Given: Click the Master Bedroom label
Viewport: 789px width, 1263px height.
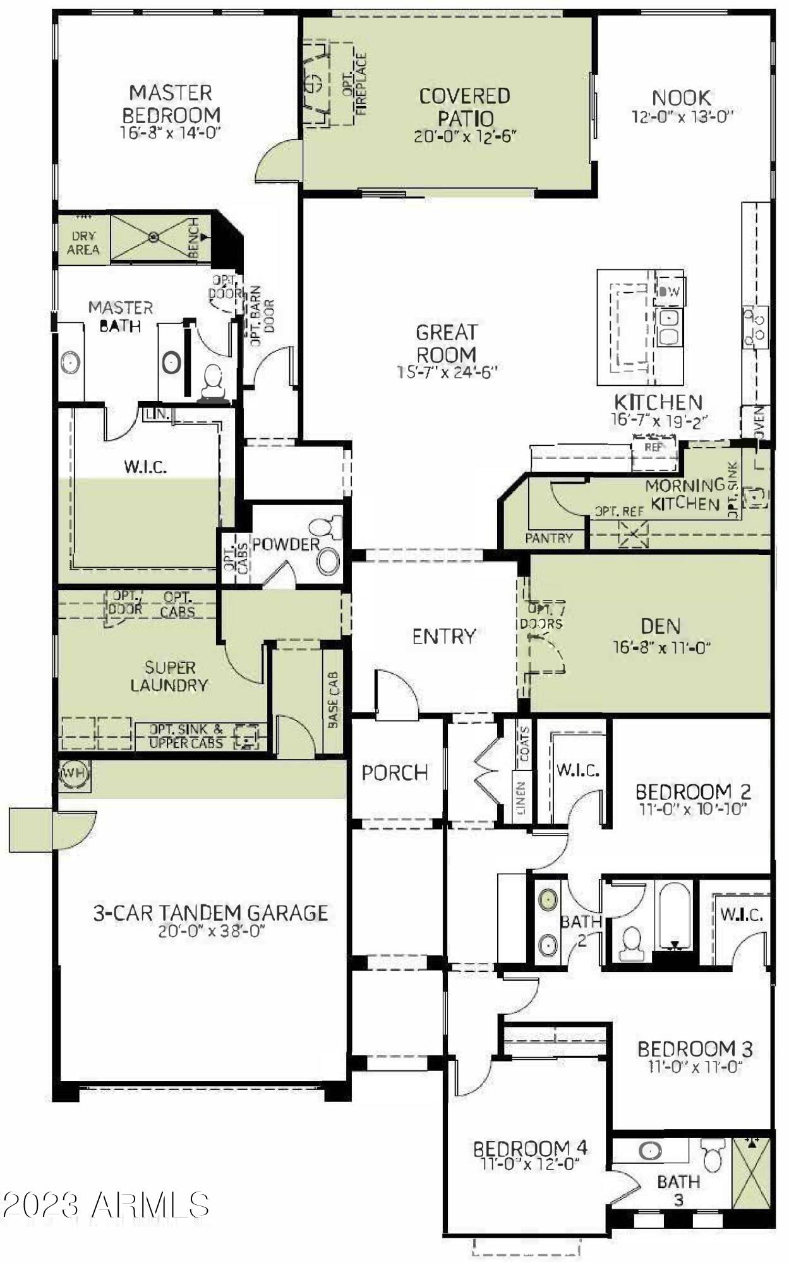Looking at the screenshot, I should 171,104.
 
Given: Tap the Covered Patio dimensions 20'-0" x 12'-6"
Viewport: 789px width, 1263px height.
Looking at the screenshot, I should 465,136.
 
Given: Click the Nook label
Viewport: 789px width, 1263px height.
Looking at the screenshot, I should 682,98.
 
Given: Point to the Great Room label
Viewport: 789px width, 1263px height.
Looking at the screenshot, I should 446,343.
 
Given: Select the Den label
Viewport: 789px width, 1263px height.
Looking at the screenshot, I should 660,626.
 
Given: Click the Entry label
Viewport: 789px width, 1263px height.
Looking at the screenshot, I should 443,637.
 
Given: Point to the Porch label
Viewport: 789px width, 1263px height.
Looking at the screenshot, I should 395,772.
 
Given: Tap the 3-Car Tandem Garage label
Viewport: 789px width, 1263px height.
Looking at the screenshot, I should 210,913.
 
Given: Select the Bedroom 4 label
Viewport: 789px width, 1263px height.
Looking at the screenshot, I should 530,1147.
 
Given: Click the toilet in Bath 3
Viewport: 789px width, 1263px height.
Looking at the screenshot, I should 713,1155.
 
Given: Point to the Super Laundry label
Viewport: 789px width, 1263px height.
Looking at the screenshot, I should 169,676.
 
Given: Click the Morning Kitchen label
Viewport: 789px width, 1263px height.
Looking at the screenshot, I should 685,494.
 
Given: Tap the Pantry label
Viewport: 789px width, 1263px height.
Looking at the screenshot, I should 548,538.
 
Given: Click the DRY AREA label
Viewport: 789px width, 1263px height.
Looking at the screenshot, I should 83,242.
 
